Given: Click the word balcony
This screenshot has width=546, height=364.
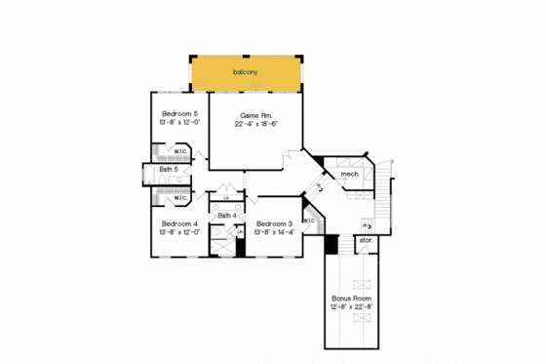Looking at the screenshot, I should [245, 72].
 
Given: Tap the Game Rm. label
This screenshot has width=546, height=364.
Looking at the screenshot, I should [253, 115].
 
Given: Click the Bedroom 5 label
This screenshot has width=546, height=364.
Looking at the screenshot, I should [180, 113].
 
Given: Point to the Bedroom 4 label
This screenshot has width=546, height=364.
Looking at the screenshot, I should [180, 223].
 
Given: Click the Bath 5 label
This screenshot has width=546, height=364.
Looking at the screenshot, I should [169, 171].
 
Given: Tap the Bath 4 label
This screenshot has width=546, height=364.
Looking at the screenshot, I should [226, 216].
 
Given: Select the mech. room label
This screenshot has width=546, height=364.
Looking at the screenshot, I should [349, 175].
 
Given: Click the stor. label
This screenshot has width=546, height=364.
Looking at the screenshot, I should [367, 239].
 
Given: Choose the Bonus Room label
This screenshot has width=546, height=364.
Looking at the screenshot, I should [351, 298].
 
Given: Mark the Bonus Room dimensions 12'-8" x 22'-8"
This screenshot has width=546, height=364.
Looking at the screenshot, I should [351, 306].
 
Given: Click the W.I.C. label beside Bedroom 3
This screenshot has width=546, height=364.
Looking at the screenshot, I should [308, 221].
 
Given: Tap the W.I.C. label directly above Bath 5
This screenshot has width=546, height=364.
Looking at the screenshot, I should [180, 152].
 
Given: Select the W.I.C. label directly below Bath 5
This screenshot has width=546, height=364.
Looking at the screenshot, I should [180, 198].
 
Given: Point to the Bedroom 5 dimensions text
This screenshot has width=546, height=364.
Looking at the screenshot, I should [180, 122].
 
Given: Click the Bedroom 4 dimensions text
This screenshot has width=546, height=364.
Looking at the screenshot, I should [180, 232].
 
